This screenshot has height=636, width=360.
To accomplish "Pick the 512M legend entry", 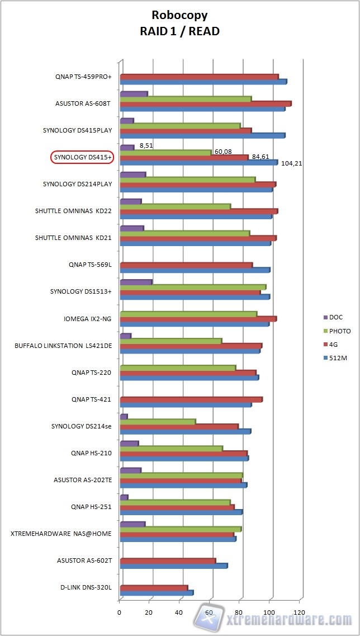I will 338,358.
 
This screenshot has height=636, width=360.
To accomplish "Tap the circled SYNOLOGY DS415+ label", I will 82,157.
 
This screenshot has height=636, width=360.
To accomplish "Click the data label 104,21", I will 291,163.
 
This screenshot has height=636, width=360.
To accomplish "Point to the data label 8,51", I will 146,145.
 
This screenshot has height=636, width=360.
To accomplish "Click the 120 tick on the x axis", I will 300,613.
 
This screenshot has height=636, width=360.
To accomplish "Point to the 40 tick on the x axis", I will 180,613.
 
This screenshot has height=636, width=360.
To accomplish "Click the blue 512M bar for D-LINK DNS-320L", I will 157,593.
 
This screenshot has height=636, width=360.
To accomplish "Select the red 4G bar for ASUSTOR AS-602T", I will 168,560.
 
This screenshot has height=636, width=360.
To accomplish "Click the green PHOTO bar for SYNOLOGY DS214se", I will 158,421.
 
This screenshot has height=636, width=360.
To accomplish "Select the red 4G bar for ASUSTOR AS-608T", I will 205,103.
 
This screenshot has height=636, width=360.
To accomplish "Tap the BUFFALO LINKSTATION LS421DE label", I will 63,346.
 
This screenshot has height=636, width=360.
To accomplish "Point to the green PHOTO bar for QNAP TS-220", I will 178,368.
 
